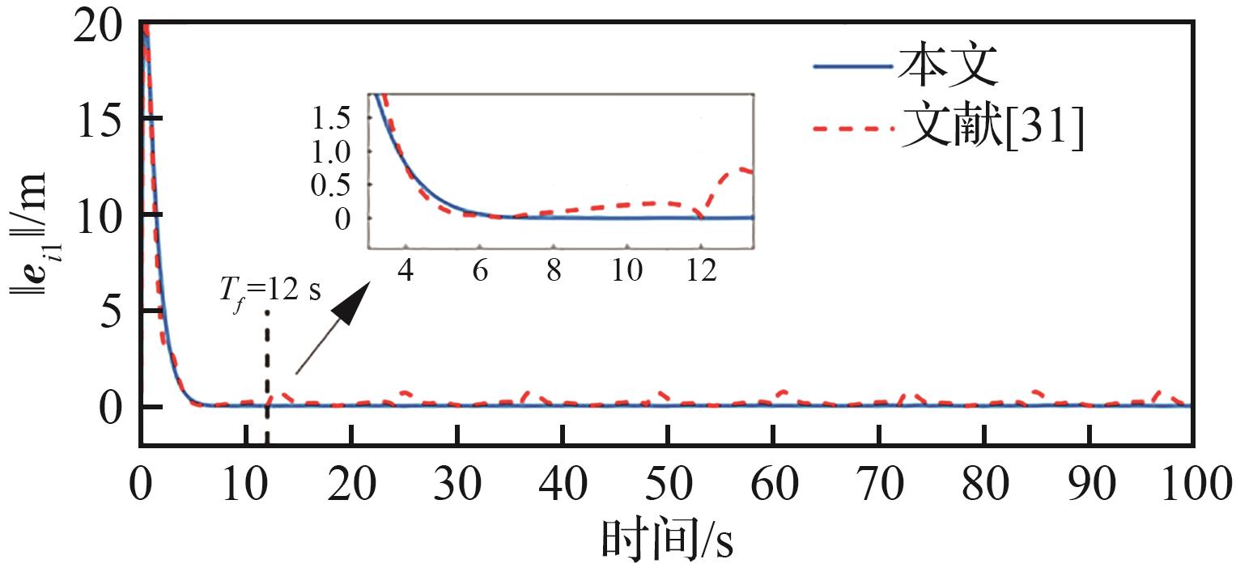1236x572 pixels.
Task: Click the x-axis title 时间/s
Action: (667, 540)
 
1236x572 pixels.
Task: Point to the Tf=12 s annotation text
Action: (270, 290)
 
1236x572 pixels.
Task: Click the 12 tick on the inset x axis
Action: (701, 271)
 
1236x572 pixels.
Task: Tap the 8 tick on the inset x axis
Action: (554, 271)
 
